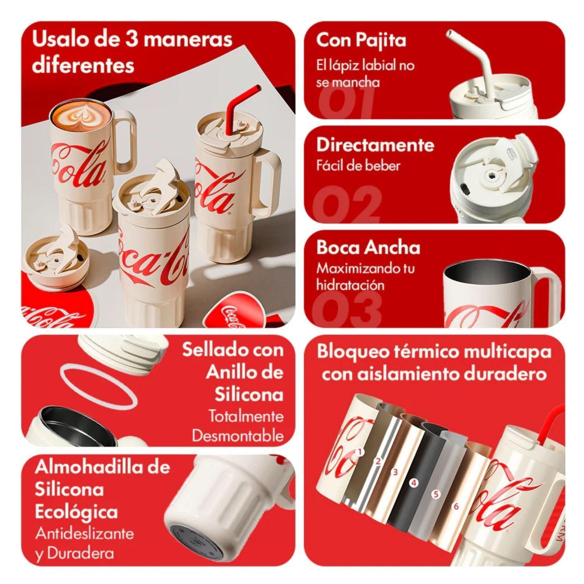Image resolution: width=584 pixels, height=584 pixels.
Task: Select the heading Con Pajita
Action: (x=361, y=40)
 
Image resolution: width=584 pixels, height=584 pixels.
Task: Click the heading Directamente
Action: (x=375, y=145)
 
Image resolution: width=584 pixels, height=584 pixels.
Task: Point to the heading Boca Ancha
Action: (x=368, y=248)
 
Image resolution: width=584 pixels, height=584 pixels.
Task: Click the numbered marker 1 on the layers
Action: (x=360, y=452)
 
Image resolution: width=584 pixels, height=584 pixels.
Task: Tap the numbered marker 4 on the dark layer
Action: (x=413, y=483)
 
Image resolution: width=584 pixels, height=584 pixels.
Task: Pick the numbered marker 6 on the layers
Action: (x=456, y=507)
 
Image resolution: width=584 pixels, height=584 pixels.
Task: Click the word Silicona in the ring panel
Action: (x=249, y=395)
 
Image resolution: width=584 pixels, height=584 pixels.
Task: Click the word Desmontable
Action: (x=237, y=436)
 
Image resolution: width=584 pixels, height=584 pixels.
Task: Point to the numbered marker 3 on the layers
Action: (x=395, y=472)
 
